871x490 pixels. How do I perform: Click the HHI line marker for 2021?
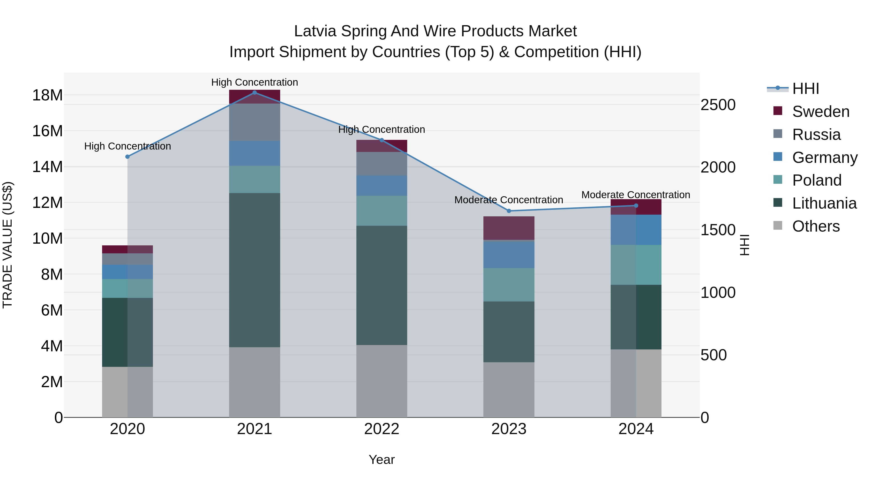(x=255, y=93)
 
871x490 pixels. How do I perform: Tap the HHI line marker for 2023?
(x=509, y=211)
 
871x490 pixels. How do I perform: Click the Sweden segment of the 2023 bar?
(x=509, y=228)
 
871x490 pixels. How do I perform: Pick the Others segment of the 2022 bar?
(x=382, y=381)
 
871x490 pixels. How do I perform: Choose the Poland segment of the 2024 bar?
(x=636, y=265)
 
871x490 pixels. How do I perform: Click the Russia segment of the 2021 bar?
(x=255, y=122)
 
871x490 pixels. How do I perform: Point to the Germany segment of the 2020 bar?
(x=128, y=272)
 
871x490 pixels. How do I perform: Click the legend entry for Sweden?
(x=821, y=112)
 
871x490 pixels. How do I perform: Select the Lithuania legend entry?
(x=824, y=203)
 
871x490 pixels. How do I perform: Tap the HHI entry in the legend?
(x=805, y=89)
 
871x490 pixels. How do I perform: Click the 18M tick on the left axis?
(x=47, y=95)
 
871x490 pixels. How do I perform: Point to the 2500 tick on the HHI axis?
(x=718, y=105)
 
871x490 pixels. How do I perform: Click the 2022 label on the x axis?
(x=382, y=429)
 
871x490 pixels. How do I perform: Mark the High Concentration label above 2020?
(x=128, y=146)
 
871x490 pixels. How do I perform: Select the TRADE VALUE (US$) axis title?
(x=8, y=245)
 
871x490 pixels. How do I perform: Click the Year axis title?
(x=382, y=460)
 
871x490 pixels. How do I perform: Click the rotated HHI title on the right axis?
(x=744, y=245)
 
